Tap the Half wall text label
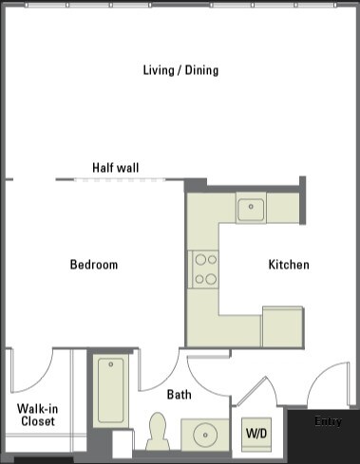tap(115, 168)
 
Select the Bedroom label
tap(94, 265)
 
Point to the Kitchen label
tap(288, 265)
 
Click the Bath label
tap(180, 395)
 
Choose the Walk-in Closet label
tap(36, 415)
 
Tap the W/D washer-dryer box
tap(256, 433)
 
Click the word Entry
tap(329, 420)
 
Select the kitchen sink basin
tap(252, 208)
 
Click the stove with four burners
tap(204, 269)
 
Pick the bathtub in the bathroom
tap(111, 390)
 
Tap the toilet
tap(159, 432)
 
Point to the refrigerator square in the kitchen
tap(282, 326)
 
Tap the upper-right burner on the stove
tap(213, 258)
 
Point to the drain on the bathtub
tap(111, 365)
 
